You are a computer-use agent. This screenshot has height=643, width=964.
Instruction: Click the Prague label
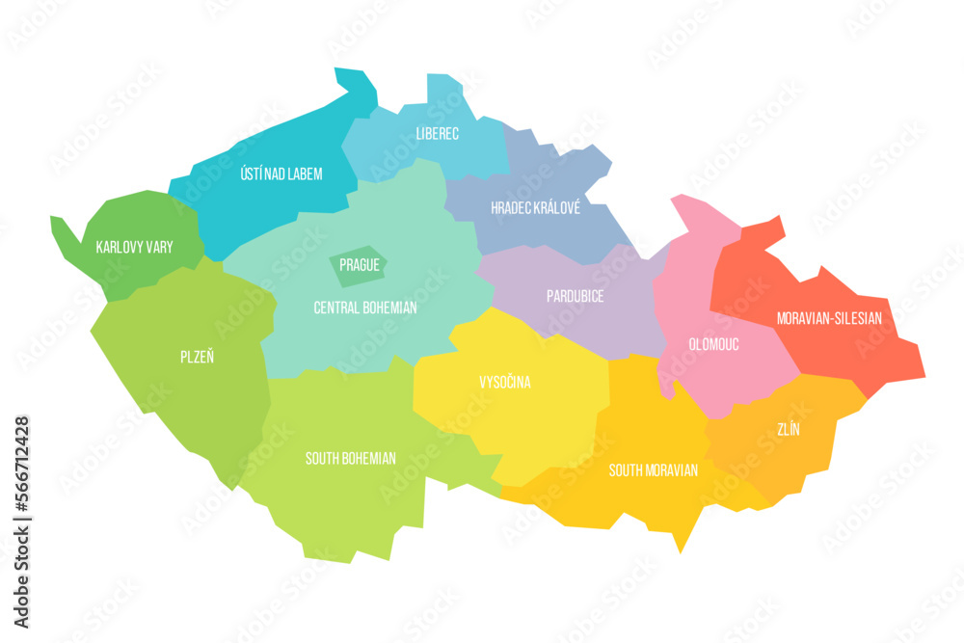click(x=359, y=264)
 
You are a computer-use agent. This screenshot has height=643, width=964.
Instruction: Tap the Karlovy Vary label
click(x=134, y=248)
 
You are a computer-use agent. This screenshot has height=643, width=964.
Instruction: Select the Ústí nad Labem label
click(x=281, y=174)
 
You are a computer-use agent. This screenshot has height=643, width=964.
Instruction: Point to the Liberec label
click(x=437, y=133)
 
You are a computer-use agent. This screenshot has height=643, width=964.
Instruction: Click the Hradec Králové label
click(x=535, y=208)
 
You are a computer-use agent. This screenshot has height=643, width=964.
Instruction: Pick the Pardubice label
click(x=575, y=296)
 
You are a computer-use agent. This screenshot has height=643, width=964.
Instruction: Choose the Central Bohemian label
click(x=365, y=308)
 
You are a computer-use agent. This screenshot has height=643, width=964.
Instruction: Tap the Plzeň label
click(x=197, y=357)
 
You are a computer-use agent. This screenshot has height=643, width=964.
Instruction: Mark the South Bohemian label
click(x=350, y=459)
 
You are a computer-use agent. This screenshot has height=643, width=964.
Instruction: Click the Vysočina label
click(x=505, y=383)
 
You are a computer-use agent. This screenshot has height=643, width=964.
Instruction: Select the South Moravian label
click(x=653, y=470)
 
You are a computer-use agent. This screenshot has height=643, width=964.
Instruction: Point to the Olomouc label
click(x=714, y=344)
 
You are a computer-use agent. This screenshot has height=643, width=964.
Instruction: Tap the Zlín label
click(x=790, y=430)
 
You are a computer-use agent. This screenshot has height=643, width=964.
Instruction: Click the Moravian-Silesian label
click(x=829, y=317)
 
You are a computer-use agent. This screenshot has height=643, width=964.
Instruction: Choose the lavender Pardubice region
click(x=598, y=318)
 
